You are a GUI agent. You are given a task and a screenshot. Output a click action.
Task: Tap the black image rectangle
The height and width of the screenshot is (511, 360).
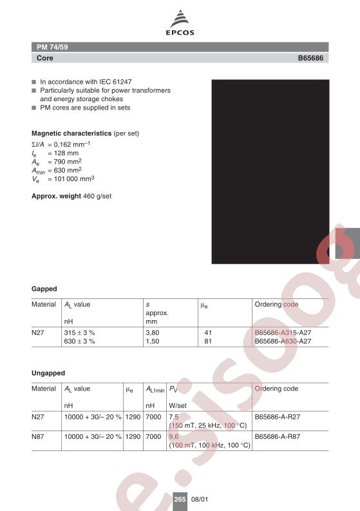[270, 170]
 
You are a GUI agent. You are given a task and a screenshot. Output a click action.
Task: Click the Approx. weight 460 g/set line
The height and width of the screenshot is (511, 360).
[71, 195]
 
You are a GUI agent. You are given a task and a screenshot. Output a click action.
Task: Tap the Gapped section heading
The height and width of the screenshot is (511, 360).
[44, 288]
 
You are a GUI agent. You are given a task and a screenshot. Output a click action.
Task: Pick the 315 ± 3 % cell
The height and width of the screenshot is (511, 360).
[79, 332]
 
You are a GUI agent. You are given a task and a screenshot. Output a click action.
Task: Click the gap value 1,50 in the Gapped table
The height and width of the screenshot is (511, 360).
[153, 341]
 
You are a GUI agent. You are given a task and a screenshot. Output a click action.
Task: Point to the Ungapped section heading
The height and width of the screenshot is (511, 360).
[48, 373]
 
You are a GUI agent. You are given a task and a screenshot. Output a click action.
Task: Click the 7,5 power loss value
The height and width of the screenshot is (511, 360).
[173, 416]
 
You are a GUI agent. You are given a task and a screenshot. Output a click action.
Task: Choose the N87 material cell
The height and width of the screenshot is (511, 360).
[39, 436]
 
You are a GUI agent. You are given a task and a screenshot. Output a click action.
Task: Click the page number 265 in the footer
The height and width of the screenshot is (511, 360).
[180, 499]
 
